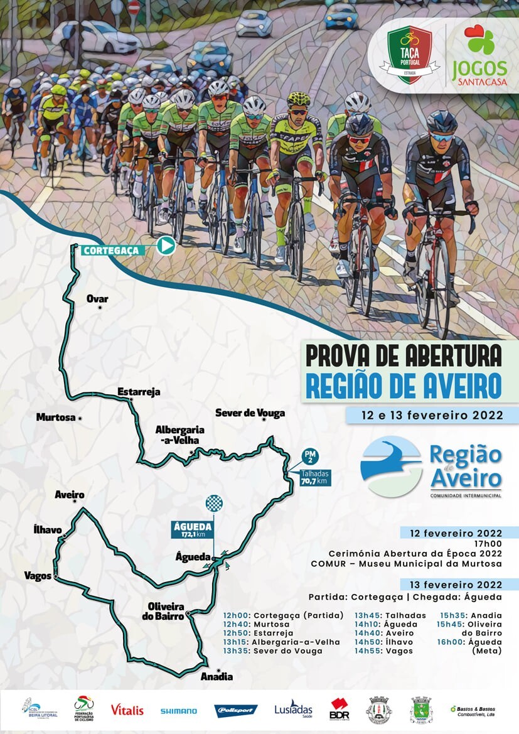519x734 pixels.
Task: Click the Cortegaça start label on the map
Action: [110, 250]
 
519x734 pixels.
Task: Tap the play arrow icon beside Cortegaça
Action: [166, 245]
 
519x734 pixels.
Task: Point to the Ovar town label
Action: [97, 299]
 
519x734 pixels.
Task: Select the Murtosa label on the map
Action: [56, 417]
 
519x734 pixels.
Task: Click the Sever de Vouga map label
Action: [250, 413]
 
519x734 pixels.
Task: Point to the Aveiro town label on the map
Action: [69, 495]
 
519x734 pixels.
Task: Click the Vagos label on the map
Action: [38, 575]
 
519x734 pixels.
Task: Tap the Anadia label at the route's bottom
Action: [217, 676]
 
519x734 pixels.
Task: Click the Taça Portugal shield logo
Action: [409, 54]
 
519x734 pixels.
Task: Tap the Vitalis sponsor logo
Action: [127, 710]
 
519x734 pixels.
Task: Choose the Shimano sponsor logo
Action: [178, 711]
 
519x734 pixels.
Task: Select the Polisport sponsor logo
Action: [236, 711]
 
